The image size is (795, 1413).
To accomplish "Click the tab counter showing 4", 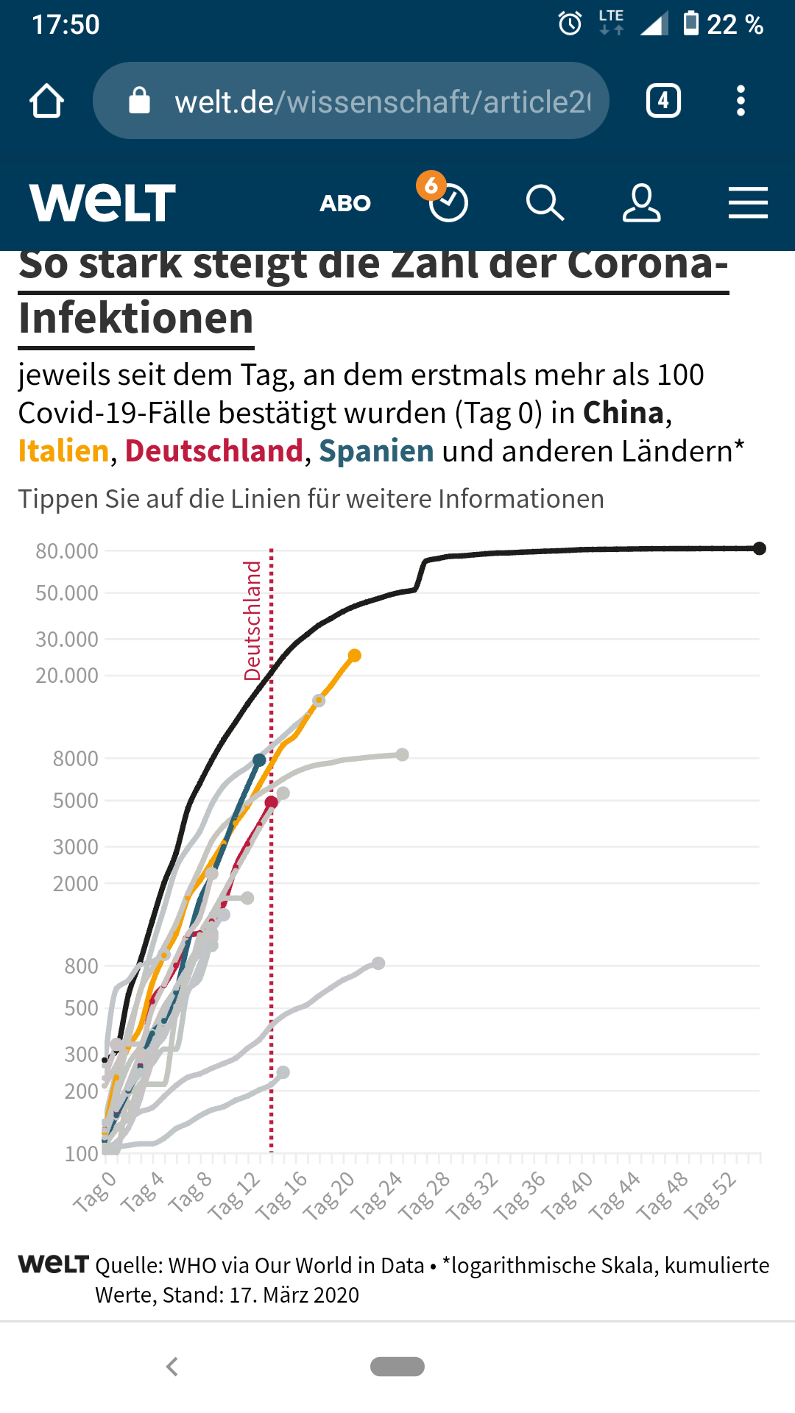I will [x=663, y=101].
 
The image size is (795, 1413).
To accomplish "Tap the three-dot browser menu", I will [x=741, y=101].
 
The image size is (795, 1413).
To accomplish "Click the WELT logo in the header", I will [x=102, y=202].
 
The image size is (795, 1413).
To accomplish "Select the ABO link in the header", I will [x=345, y=203].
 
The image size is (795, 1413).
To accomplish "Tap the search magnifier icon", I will [x=545, y=203].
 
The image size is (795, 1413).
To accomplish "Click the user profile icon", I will [x=641, y=203].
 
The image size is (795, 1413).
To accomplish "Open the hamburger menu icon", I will [x=748, y=203].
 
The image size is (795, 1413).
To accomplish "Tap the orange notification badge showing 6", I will [x=431, y=185].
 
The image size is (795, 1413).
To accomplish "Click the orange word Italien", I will [x=63, y=451].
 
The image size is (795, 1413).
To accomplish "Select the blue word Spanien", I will [x=376, y=451].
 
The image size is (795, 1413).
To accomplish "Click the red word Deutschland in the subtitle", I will [x=213, y=451].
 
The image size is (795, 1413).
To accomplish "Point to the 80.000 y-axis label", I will [x=67, y=551].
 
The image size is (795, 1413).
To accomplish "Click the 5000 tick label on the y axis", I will [x=75, y=801].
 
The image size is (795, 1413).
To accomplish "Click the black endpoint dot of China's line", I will [x=760, y=548].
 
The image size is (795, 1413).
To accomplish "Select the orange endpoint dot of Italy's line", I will [x=355, y=655].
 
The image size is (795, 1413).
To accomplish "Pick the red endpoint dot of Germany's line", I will [x=272, y=802].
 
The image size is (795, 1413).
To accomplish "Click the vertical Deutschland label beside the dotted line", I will [x=252, y=620].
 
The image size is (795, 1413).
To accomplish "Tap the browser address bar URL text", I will [x=382, y=102].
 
